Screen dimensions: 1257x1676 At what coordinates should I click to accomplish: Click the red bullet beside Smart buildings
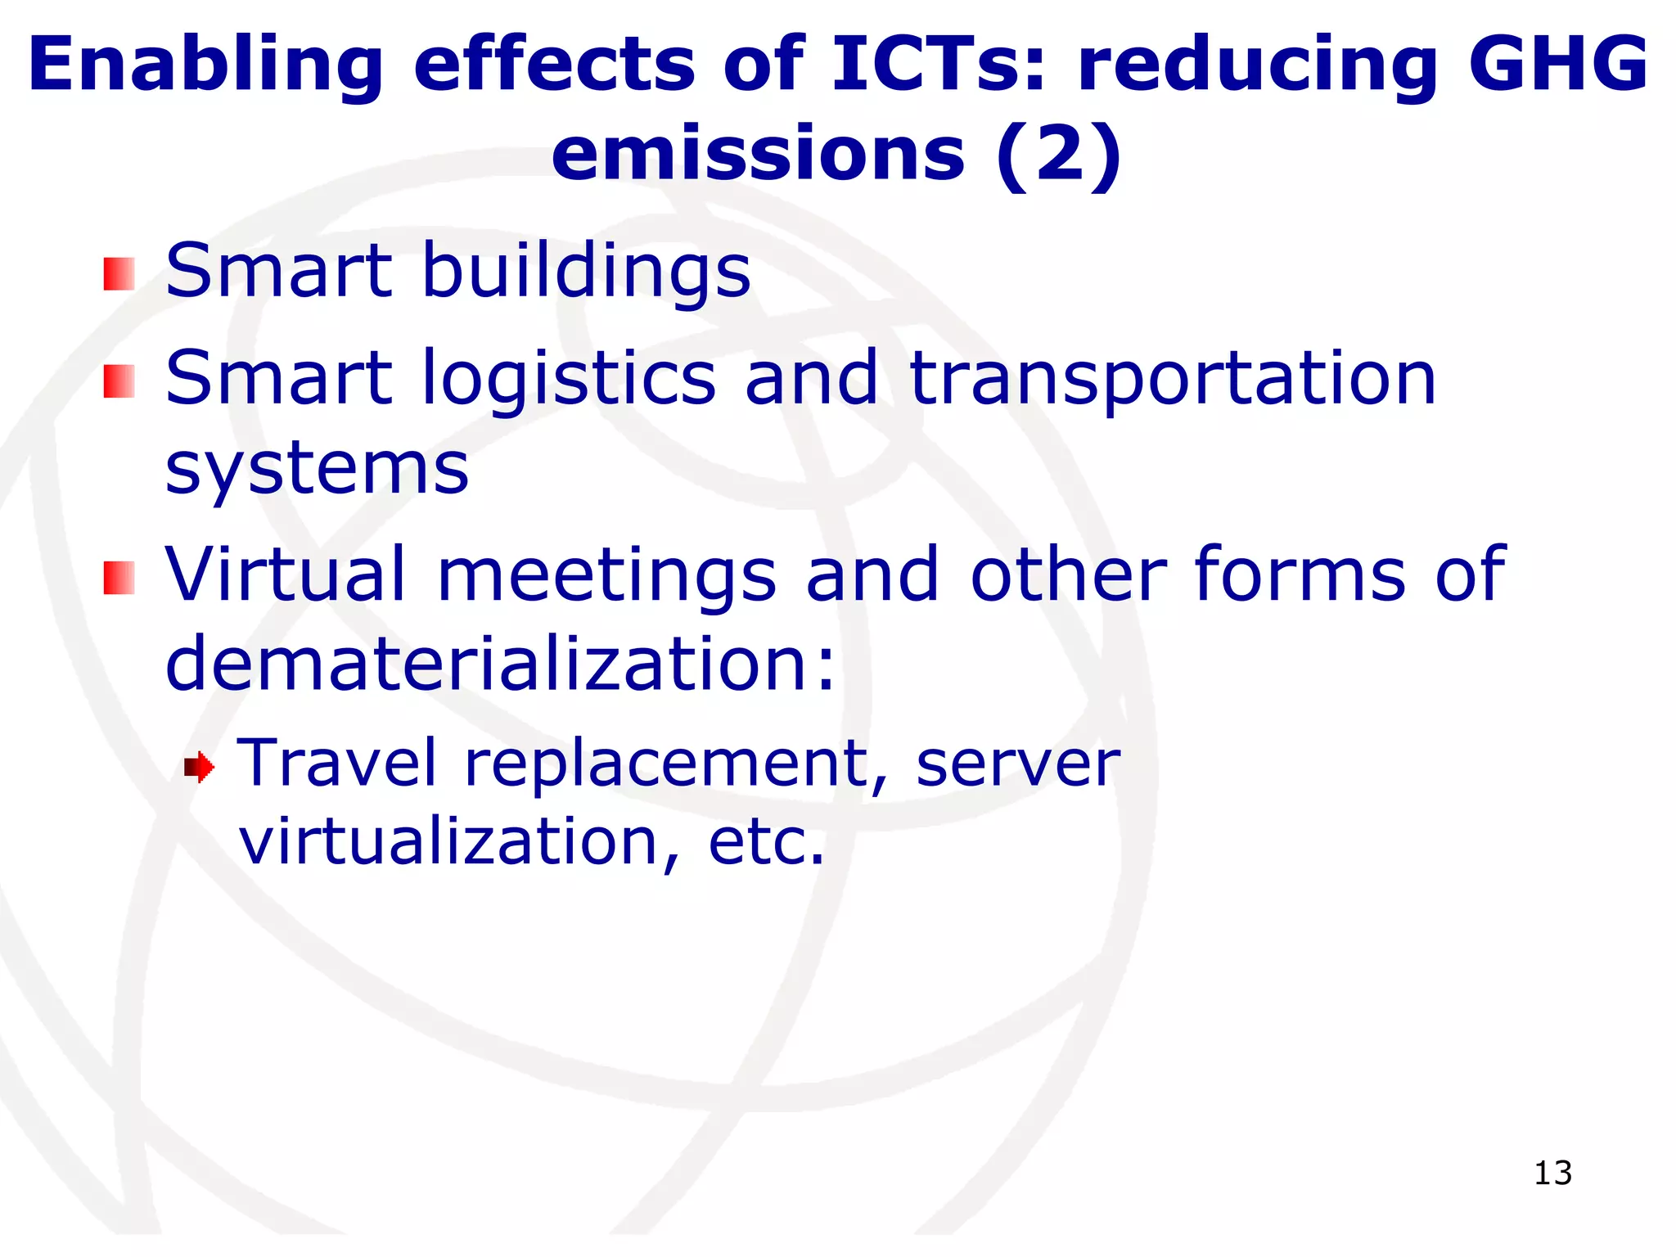[119, 274]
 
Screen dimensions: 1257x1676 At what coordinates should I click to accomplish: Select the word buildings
[585, 272]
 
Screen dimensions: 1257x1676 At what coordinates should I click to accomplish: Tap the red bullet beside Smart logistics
[119, 381]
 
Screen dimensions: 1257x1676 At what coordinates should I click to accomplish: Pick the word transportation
[1173, 378]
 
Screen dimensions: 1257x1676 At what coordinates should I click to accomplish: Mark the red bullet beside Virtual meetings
[119, 579]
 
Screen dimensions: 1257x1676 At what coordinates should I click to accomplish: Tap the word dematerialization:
[501, 664]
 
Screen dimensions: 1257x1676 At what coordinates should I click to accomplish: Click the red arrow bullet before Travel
[199, 768]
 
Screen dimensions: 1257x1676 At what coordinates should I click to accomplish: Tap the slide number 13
[1552, 1174]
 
